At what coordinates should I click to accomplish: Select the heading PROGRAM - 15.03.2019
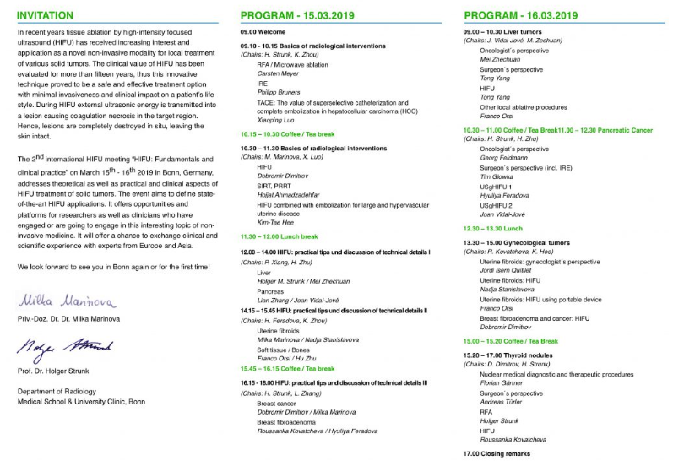point(297,15)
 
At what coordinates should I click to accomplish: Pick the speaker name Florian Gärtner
point(505,382)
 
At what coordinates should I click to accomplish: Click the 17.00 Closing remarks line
point(496,454)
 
